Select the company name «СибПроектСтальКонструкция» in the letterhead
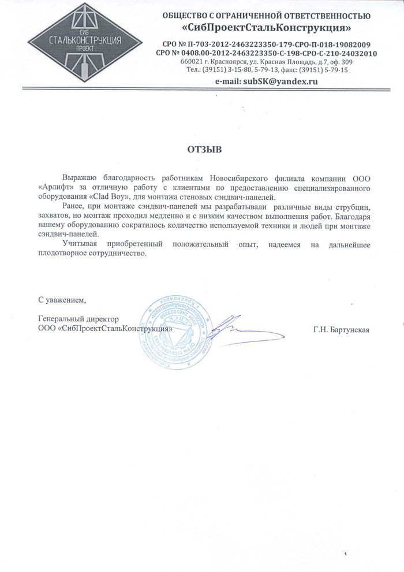[266, 27]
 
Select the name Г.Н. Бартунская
[341, 329]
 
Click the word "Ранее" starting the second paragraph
[73, 207]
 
